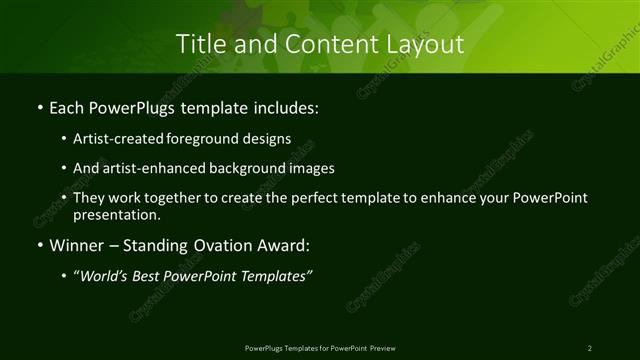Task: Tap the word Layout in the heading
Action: [424, 44]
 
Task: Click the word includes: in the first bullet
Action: [287, 105]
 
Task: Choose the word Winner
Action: [74, 245]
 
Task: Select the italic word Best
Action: [148, 276]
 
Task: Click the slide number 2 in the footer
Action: [590, 347]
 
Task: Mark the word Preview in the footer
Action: [381, 347]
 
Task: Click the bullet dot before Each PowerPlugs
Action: [38, 105]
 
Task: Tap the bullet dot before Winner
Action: [38, 245]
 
